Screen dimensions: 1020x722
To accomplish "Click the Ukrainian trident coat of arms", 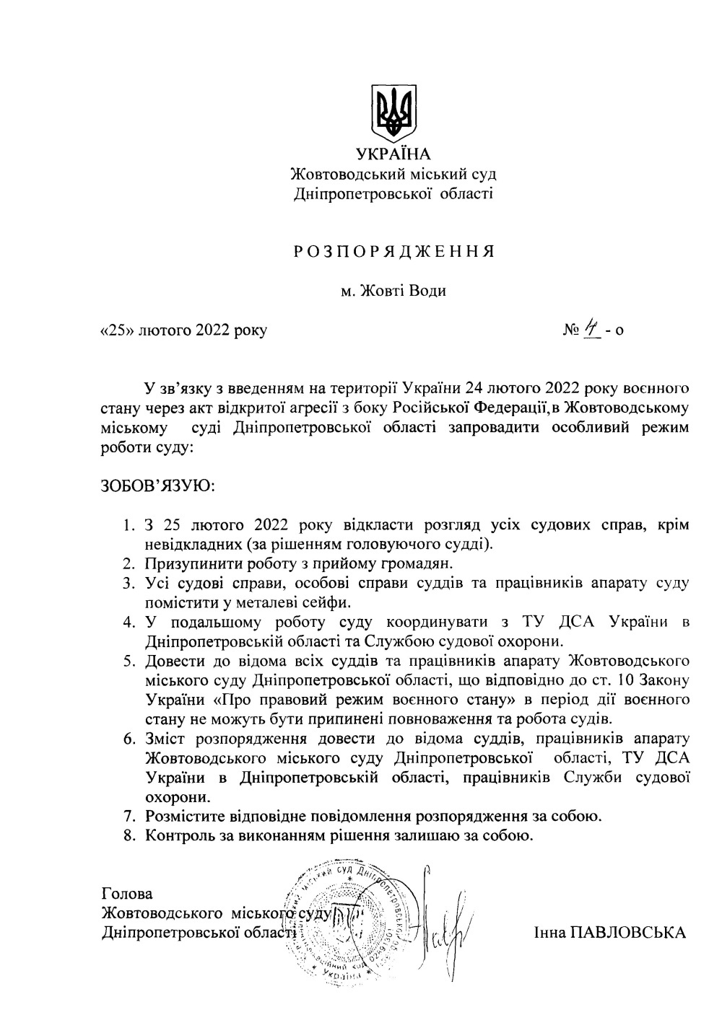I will (x=393, y=113).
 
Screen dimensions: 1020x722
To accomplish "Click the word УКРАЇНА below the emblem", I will (x=393, y=154).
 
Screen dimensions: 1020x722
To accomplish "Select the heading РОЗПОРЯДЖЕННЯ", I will (x=393, y=252).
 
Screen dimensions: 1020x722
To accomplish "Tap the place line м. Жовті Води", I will (x=393, y=291).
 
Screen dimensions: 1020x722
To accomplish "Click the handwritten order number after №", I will (x=593, y=329).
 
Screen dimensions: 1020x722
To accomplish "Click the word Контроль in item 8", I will (x=176, y=837).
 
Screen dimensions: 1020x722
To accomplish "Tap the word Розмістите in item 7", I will (x=184, y=817).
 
